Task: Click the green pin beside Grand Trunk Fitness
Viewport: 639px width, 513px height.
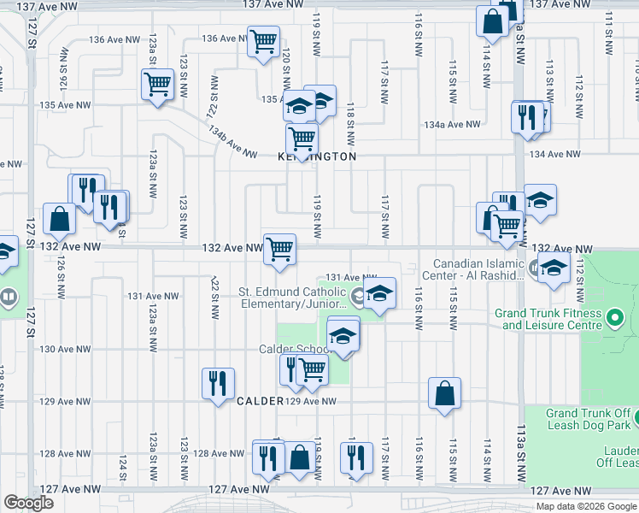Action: coord(614,320)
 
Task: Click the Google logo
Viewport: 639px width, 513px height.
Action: coord(28,502)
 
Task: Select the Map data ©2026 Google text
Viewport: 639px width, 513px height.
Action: coord(586,506)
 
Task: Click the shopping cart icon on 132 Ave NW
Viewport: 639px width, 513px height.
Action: coord(280,249)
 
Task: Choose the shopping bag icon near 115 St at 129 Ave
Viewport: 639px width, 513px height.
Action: coord(444,394)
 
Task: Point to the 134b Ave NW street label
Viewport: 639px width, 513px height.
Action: coord(232,142)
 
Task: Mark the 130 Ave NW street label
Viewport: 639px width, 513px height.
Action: coord(59,349)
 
